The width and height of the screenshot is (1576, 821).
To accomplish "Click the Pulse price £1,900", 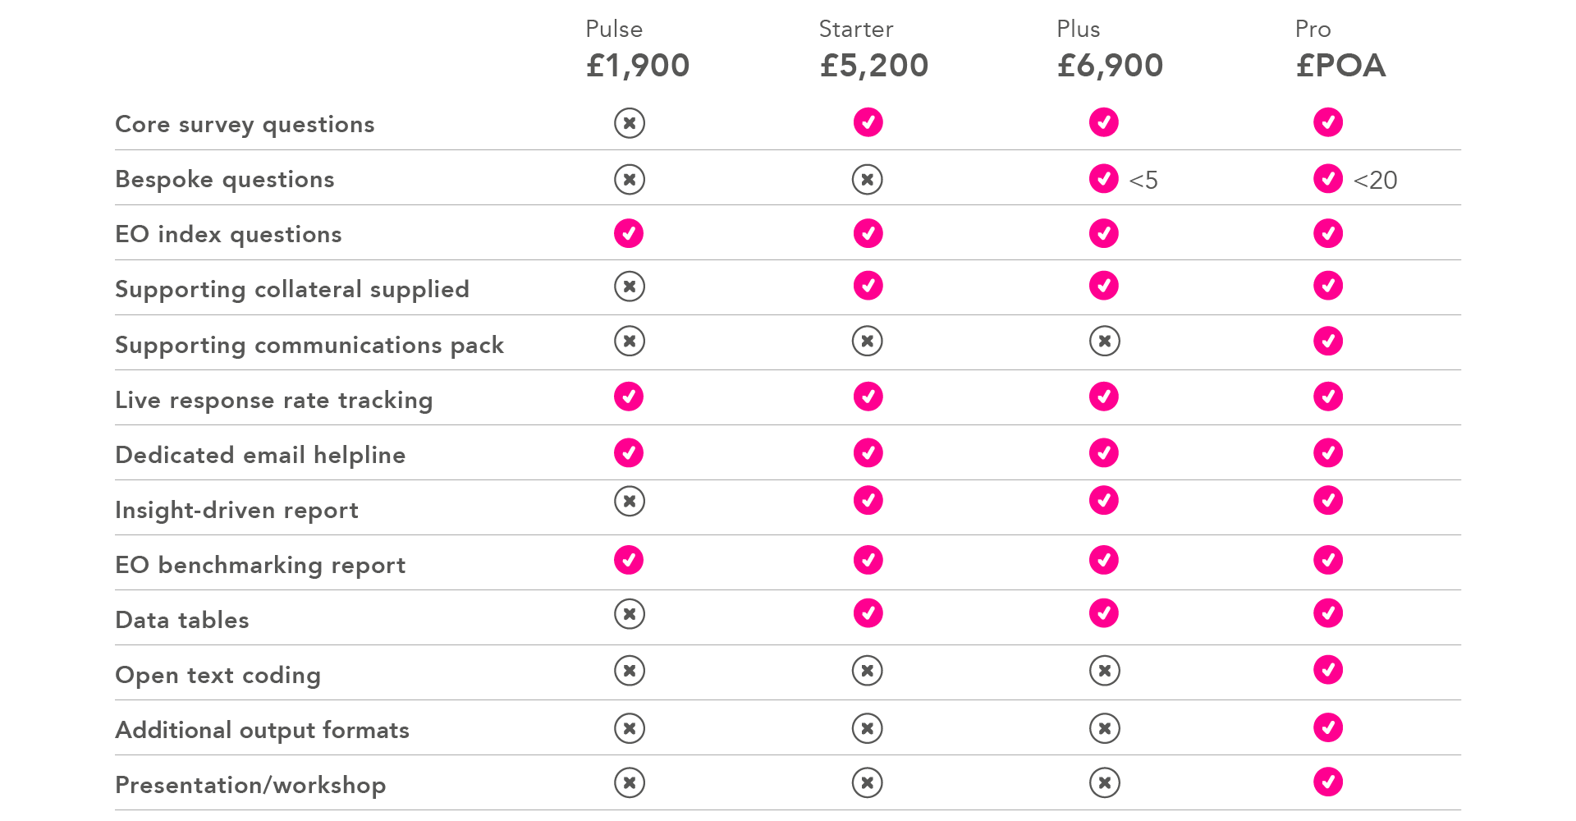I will tap(638, 66).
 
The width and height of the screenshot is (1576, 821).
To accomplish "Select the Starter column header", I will tap(855, 30).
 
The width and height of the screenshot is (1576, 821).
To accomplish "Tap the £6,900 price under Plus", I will tap(1110, 66).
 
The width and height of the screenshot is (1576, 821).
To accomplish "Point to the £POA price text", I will tap(1340, 66).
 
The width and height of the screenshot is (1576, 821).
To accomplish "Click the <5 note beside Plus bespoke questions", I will tap(1143, 180).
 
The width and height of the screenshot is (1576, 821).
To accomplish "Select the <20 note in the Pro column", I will tap(1375, 180).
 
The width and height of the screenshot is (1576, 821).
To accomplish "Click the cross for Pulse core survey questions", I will tap(630, 123).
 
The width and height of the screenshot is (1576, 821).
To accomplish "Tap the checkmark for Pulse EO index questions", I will tap(629, 233).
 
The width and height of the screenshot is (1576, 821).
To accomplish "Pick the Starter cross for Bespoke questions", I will tap(868, 179).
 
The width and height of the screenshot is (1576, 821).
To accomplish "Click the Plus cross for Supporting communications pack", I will tap(1105, 341).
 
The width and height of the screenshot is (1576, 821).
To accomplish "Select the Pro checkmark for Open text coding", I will tap(1328, 670).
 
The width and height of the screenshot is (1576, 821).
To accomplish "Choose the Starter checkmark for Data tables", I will tap(868, 613).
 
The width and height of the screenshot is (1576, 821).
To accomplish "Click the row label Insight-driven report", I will tap(236, 511).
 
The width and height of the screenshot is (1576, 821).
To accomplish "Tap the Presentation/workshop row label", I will tap(250, 786).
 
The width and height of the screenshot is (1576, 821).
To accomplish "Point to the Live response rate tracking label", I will tap(273, 401).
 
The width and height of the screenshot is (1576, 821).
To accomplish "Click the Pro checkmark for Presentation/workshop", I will tap(1328, 782).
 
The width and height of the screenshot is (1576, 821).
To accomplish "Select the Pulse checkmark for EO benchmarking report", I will tap(629, 560).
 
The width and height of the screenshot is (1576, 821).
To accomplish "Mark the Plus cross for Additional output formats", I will tap(1105, 728).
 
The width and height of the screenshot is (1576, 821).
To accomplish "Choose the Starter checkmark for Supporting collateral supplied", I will tap(868, 286).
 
